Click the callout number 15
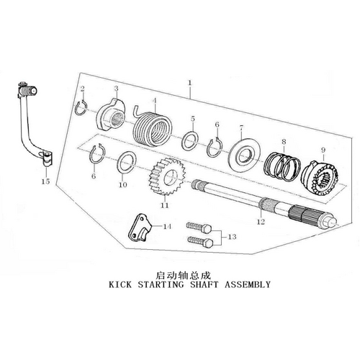pyautogui.click(x=45, y=181)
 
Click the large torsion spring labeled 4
pyautogui.click(x=152, y=128)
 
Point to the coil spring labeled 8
pyautogui.click(x=282, y=166)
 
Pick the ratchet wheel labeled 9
pyautogui.click(x=320, y=179)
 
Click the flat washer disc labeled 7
pyautogui.click(x=244, y=155)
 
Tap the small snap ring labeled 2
pyautogui.click(x=81, y=108)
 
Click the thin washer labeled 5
pyautogui.click(x=191, y=141)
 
